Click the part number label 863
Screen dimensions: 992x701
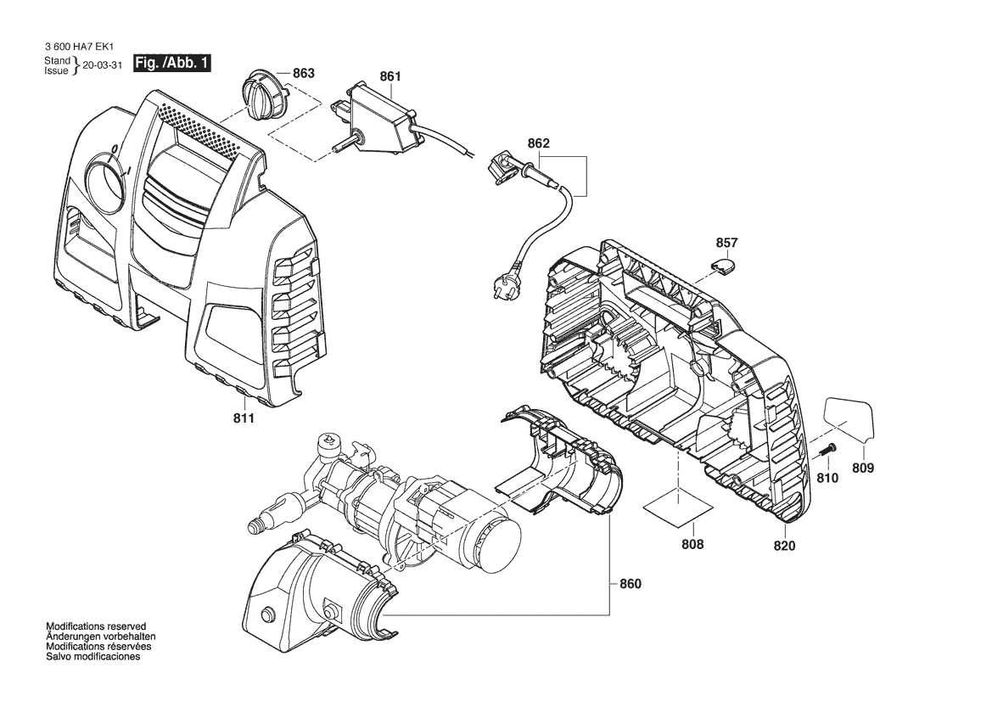point(304,73)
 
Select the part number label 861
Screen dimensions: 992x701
point(390,76)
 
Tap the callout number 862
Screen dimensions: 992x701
point(538,143)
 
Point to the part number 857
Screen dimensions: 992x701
point(727,243)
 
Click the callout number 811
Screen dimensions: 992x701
point(244,418)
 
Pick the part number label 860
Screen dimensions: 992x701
point(631,584)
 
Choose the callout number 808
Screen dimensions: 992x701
point(692,544)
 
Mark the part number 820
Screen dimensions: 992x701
point(784,546)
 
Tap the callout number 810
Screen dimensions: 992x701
point(827,478)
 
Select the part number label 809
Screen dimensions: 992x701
point(863,468)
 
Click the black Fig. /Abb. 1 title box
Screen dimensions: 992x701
point(171,64)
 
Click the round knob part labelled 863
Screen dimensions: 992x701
point(263,98)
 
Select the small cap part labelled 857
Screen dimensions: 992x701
point(723,265)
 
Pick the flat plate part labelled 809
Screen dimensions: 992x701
point(849,419)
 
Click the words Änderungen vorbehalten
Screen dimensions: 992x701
point(101,637)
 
